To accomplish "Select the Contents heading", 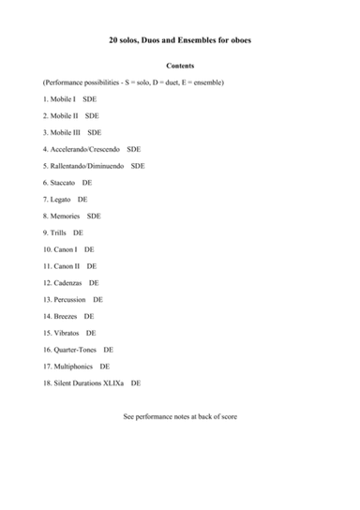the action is click(x=180, y=67).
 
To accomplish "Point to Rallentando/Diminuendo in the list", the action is click(x=89, y=166).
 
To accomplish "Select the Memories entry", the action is click(x=66, y=216).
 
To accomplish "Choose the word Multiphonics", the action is click(x=75, y=367).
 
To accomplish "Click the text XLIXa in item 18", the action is click(x=113, y=383).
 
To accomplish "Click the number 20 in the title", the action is click(x=114, y=40).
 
